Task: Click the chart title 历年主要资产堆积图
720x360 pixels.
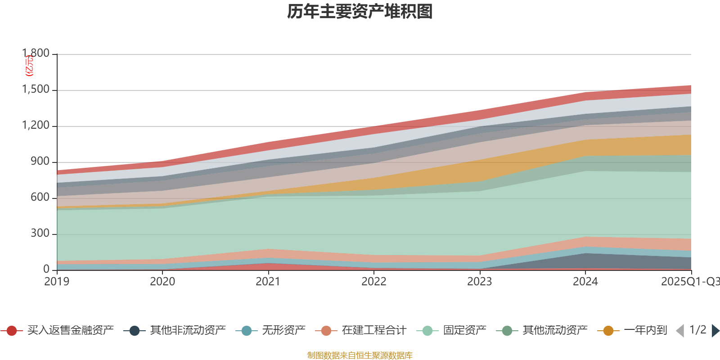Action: pyautogui.click(x=360, y=12)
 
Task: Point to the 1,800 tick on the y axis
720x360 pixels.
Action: pyautogui.click(x=36, y=54)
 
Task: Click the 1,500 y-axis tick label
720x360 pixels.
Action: pyautogui.click(x=36, y=90)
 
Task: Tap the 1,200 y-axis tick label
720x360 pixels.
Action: pyautogui.click(x=36, y=126)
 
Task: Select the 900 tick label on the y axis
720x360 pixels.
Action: pyautogui.click(x=40, y=162)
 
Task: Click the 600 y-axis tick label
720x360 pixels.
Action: pyautogui.click(x=40, y=198)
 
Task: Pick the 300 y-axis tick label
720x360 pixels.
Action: pyautogui.click(x=40, y=234)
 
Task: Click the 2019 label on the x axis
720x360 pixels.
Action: pyautogui.click(x=57, y=282)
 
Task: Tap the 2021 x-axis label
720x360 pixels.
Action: pyautogui.click(x=268, y=282)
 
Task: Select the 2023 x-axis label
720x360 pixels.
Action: pyautogui.click(x=480, y=282)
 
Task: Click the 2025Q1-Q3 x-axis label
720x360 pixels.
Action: pyautogui.click(x=690, y=282)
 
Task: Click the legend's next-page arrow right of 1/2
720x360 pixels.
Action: pyautogui.click(x=715, y=331)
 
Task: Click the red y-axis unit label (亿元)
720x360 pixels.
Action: pyautogui.click(x=29, y=66)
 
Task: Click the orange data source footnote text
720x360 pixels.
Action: pyautogui.click(x=360, y=355)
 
